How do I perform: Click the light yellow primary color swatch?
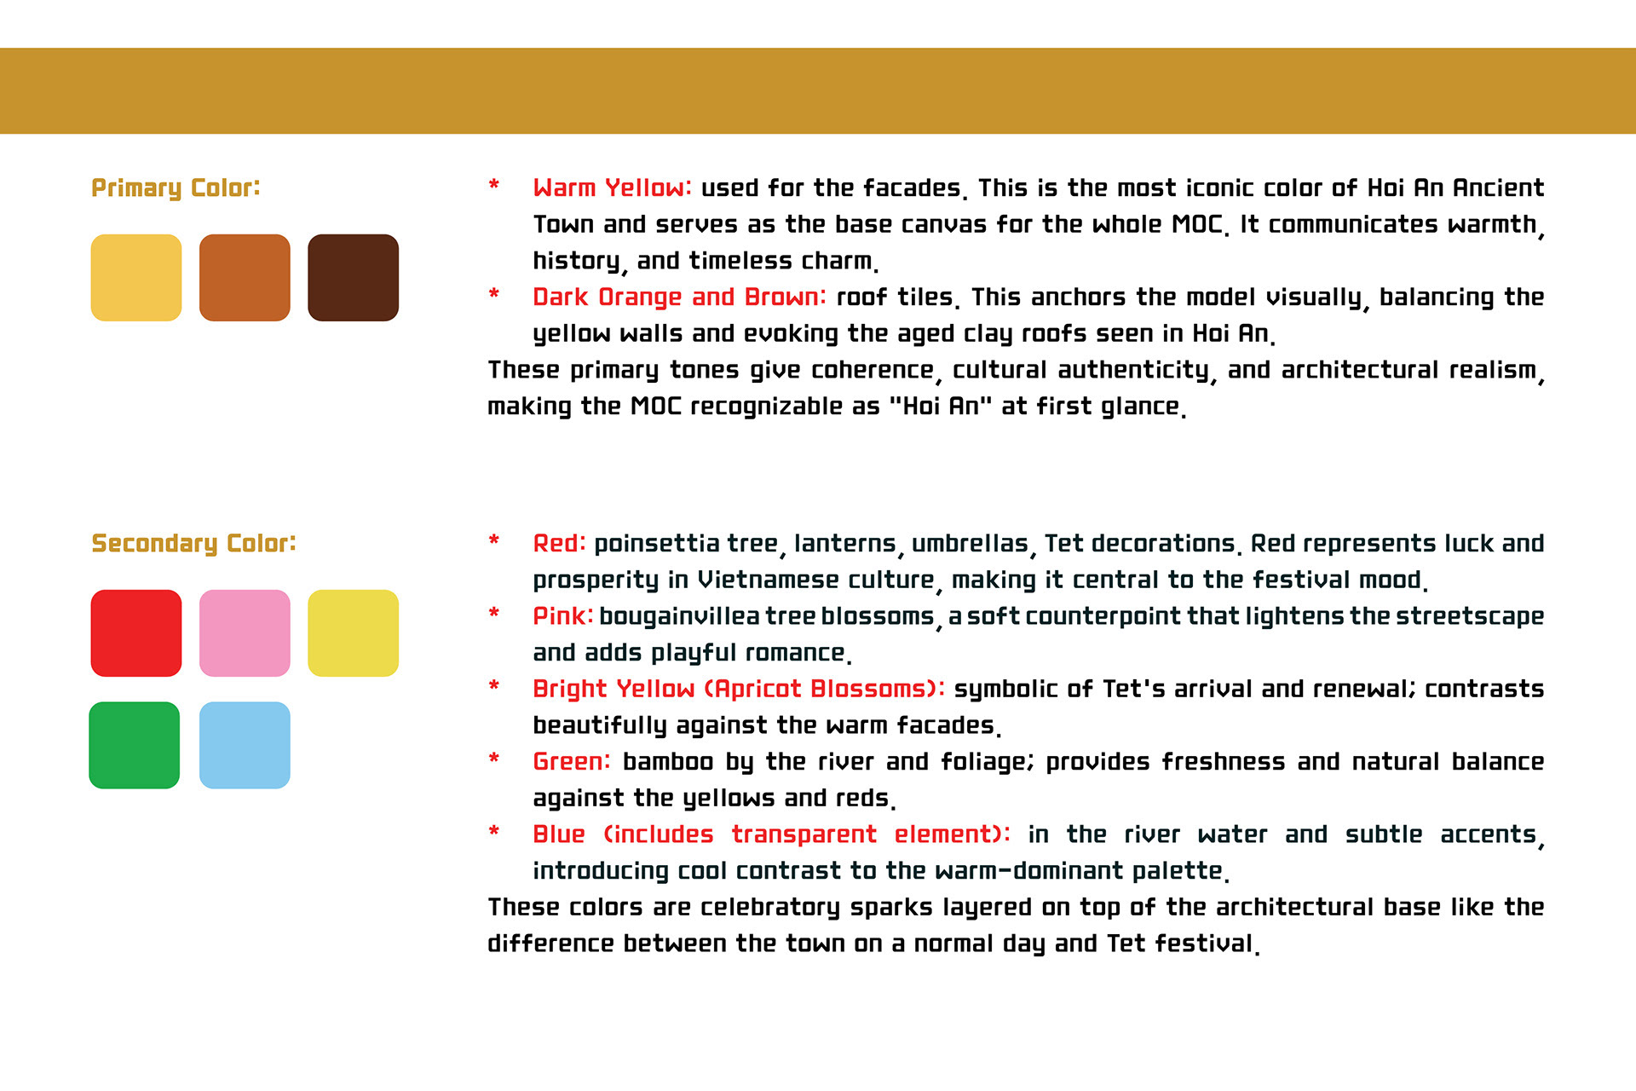136,278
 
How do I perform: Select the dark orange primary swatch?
245,278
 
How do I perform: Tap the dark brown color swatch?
353,278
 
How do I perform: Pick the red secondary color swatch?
136,633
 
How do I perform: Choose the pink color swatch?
245,633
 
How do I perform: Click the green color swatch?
135,745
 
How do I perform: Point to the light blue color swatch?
245,745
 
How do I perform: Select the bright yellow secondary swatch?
353,633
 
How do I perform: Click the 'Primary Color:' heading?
176,188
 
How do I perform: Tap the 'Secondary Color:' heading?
193,544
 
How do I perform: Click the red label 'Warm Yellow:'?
612,188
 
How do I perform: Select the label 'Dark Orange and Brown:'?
679,297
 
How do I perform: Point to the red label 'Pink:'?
562,615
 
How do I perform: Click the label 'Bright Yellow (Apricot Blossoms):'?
739,689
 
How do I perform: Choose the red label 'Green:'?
572,761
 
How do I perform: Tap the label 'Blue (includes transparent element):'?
771,834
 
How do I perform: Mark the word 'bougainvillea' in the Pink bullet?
679,615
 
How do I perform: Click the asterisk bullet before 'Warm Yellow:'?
493,185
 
